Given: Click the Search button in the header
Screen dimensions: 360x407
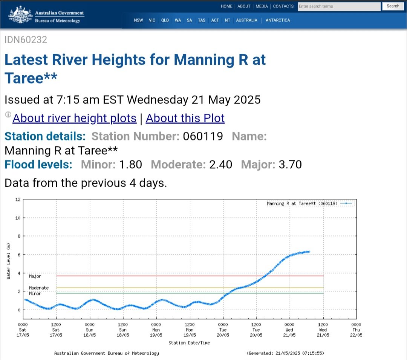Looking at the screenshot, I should coord(393,6).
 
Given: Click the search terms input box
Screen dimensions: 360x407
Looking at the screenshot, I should coord(339,6).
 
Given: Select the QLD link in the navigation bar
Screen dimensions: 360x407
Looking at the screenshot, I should coord(165,20).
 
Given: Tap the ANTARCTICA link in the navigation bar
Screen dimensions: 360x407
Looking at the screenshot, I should coord(278,20).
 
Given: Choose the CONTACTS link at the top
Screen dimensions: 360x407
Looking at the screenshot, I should coord(283,6).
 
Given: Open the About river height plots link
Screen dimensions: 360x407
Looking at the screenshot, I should coord(74,118).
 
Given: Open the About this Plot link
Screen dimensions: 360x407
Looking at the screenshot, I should coord(185,118).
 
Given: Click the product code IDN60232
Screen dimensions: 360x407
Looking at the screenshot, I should coord(26,40).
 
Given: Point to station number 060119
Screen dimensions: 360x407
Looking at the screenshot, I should coord(203,136).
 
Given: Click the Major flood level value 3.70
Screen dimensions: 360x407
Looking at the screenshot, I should coord(290,165).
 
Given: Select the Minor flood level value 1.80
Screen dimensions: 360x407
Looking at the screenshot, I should coord(130,165).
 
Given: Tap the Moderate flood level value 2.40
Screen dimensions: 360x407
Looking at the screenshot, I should coord(220,165).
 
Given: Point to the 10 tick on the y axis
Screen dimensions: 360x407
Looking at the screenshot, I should coord(17,218).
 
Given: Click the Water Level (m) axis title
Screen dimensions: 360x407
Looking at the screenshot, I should coord(8,261).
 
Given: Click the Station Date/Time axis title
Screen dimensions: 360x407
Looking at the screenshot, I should coord(189,343).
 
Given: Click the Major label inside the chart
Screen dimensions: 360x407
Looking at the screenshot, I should coord(35,276).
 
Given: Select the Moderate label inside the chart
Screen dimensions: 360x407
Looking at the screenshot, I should coord(39,288).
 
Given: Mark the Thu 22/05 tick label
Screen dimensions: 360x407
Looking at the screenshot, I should coord(356,329).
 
